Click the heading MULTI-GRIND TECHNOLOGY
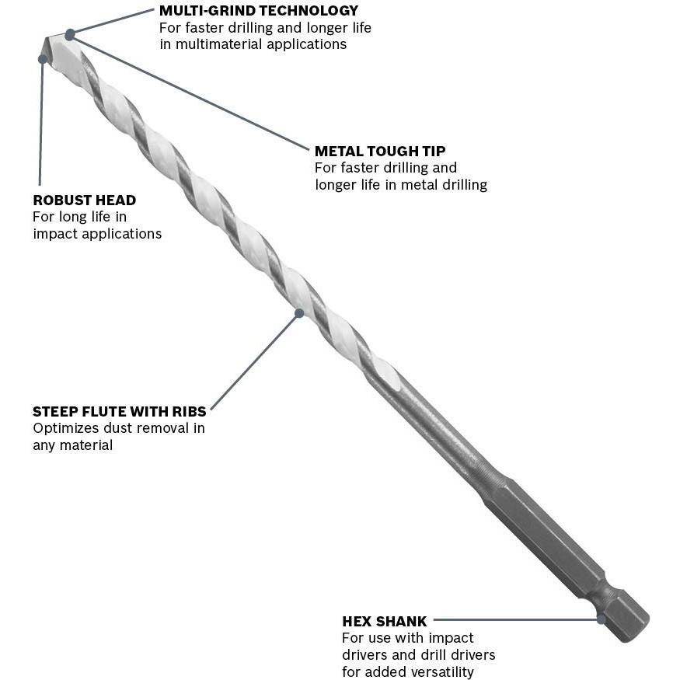coord(259,11)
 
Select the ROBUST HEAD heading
coord(84,201)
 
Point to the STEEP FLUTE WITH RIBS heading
coord(119,411)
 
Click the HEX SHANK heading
coord(384,621)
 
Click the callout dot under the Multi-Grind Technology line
coord(70,34)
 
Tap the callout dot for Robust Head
coord(43,59)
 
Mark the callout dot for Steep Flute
coord(299,313)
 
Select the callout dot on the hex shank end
coord(601,619)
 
